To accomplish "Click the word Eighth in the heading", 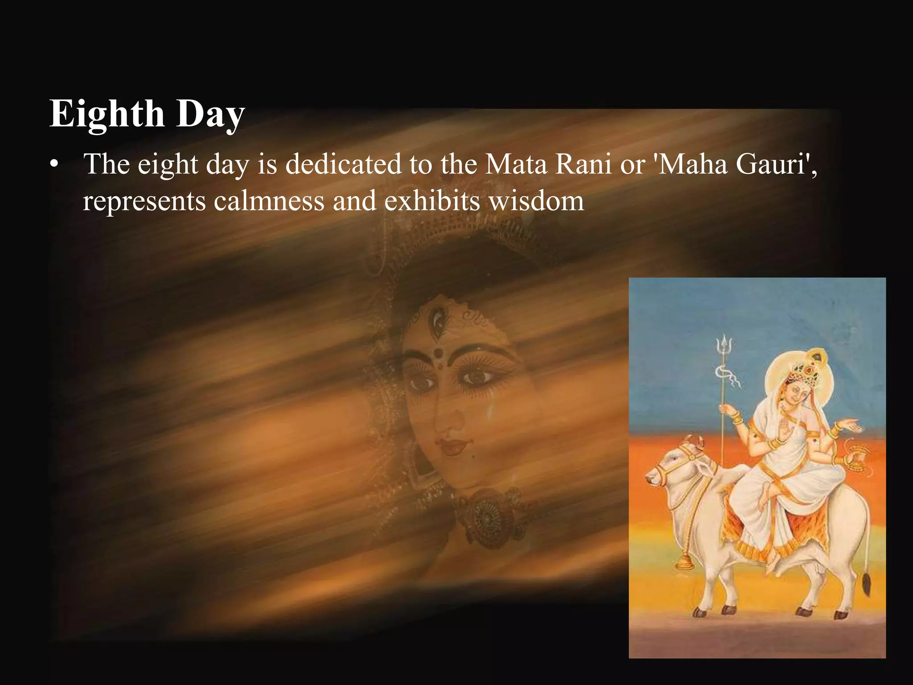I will coord(107,114).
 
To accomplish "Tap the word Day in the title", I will coord(210,115).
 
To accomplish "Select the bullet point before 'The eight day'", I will coord(54,165).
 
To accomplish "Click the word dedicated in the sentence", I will coord(344,164).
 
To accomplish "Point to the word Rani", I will coord(584,164).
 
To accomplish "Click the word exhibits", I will coord(432,201).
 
